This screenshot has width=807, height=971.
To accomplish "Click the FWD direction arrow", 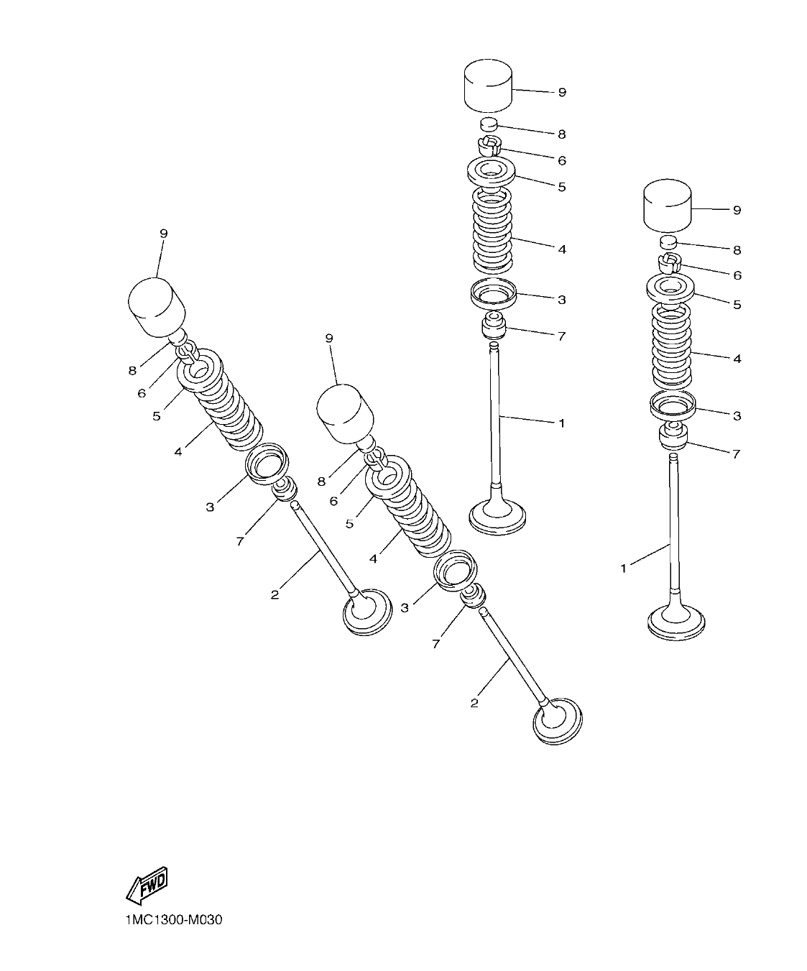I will coord(148,885).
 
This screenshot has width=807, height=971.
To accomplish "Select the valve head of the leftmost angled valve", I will coord(368,611).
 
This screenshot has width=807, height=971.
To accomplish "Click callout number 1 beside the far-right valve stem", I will coord(623,569).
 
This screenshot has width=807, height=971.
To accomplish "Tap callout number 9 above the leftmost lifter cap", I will coord(163,234).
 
